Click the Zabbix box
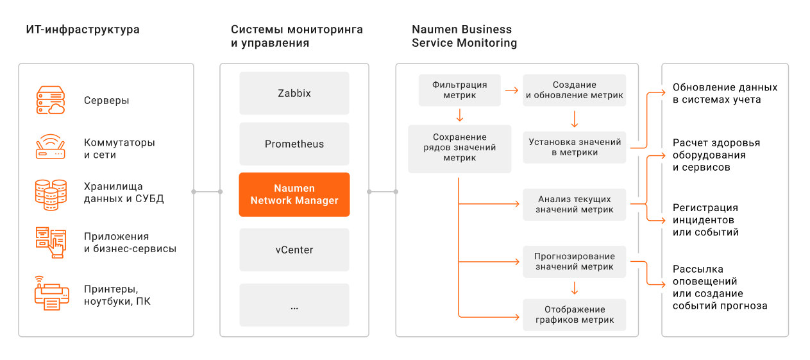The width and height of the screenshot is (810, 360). pyautogui.click(x=294, y=93)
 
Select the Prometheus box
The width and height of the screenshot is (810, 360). pyautogui.click(x=294, y=144)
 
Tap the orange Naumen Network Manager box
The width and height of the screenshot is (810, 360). pyautogui.click(x=294, y=194)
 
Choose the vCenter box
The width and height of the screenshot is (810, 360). pyautogui.click(x=294, y=250)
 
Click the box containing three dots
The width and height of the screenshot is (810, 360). pyautogui.click(x=294, y=305)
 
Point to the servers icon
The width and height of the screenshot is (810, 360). pyautogui.click(x=51, y=100)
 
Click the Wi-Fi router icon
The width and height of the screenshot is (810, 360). pyautogui.click(x=50, y=146)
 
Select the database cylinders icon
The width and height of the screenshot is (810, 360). pyautogui.click(x=51, y=194)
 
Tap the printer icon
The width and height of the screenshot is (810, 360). pyautogui.click(x=52, y=293)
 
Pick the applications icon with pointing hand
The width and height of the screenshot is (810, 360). pyautogui.click(x=51, y=243)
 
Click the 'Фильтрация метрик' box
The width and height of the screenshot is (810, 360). pyautogui.click(x=460, y=90)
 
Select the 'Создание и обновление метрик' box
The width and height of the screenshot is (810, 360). pyautogui.click(x=574, y=90)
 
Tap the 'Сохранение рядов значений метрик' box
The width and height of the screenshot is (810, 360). pyautogui.click(x=460, y=149)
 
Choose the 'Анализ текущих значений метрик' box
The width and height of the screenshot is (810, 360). pyautogui.click(x=574, y=205)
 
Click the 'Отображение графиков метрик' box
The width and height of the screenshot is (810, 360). pyautogui.click(x=574, y=315)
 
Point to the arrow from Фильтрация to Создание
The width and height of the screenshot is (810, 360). pyautogui.click(x=512, y=90)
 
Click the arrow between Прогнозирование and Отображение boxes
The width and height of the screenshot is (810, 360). pyautogui.click(x=574, y=288)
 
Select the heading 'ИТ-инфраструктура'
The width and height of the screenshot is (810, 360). pyautogui.click(x=83, y=30)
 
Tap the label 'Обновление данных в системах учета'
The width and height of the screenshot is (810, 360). pyautogui.click(x=725, y=93)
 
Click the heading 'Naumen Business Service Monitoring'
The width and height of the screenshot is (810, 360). pyautogui.click(x=464, y=36)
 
